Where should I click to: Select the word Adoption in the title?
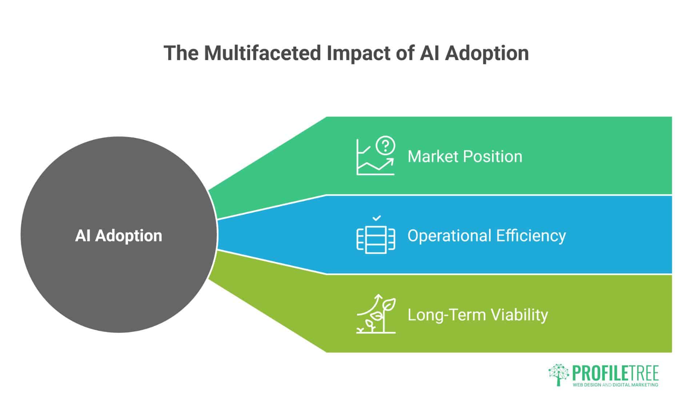(487, 53)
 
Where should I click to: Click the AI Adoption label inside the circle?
(119, 236)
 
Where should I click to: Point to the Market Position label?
(465, 156)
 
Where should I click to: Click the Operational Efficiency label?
(486, 236)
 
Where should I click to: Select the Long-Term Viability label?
(477, 315)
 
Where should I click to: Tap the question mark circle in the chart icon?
(385, 145)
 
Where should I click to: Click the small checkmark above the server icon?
(377, 218)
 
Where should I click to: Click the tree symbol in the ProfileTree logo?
(559, 374)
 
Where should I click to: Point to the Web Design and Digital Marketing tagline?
(615, 385)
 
